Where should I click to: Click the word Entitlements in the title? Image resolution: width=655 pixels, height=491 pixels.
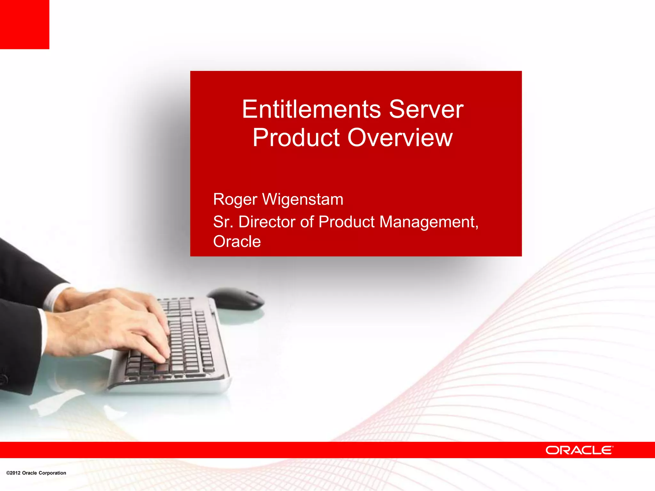pos(311,109)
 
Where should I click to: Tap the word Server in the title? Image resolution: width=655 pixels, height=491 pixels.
pos(426,109)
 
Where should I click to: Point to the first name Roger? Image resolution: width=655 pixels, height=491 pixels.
pos(235,200)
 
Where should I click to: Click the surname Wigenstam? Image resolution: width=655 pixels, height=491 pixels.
pos(303,199)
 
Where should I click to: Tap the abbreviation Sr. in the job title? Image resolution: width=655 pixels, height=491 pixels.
pos(223,222)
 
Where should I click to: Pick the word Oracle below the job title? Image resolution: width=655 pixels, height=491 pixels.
pos(237,241)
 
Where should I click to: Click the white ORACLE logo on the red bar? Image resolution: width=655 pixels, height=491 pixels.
pos(579,450)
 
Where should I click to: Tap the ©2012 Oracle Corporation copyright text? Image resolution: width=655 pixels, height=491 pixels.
pos(36,473)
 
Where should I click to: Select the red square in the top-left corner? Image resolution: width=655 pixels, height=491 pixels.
pos(24,24)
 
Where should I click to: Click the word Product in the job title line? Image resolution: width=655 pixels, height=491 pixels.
pos(346,222)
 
